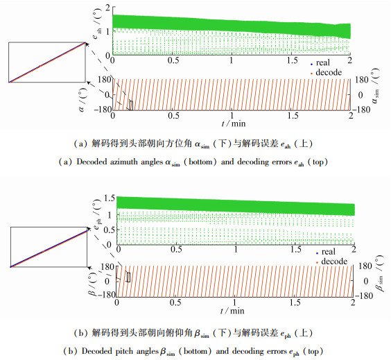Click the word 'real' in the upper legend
pos(322,62)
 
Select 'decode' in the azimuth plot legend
pos(329,72)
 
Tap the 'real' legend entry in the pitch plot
pos(328,252)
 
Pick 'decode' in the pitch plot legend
pos(334,262)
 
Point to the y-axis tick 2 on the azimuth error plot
pos(107,8)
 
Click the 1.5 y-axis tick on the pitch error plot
pos(110,198)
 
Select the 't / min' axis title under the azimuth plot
pos(234,123)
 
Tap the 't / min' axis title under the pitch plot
pos(232,310)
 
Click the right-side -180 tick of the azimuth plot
pos(360,110)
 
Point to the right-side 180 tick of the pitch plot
pos(365,266)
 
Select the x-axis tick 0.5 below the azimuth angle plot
pos(173,116)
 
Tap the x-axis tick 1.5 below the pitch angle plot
pos(295,302)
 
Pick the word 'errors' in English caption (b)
pos(277,351)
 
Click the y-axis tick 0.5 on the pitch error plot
pos(110,230)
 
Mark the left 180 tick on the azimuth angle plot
pos(104,80)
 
